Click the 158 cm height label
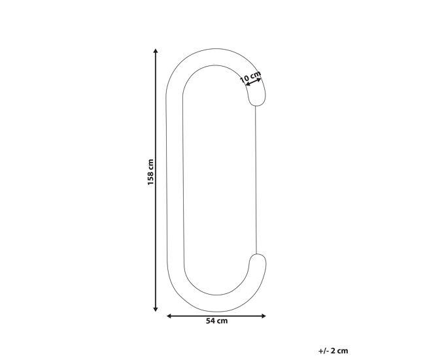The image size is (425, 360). pos(150,172)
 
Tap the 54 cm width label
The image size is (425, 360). pos(217,321)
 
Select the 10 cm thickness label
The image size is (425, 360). pos(250,76)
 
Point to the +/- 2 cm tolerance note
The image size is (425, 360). pos(333,351)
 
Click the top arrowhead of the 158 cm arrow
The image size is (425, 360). pos(156,51)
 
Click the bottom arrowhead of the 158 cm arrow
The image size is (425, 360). pos(156,309)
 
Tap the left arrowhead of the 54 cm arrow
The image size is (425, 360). pos(169,316)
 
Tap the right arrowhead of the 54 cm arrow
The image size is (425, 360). pos(263,316)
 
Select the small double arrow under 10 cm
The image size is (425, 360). pos(253,82)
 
